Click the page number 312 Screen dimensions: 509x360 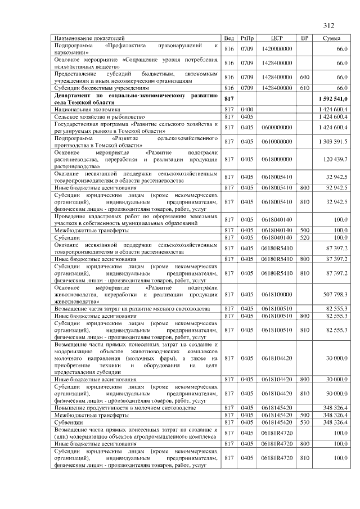[329, 25]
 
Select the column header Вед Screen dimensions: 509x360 [229, 38]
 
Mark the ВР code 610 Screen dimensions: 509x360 [304, 88]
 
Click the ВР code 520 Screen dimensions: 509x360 [304, 238]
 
